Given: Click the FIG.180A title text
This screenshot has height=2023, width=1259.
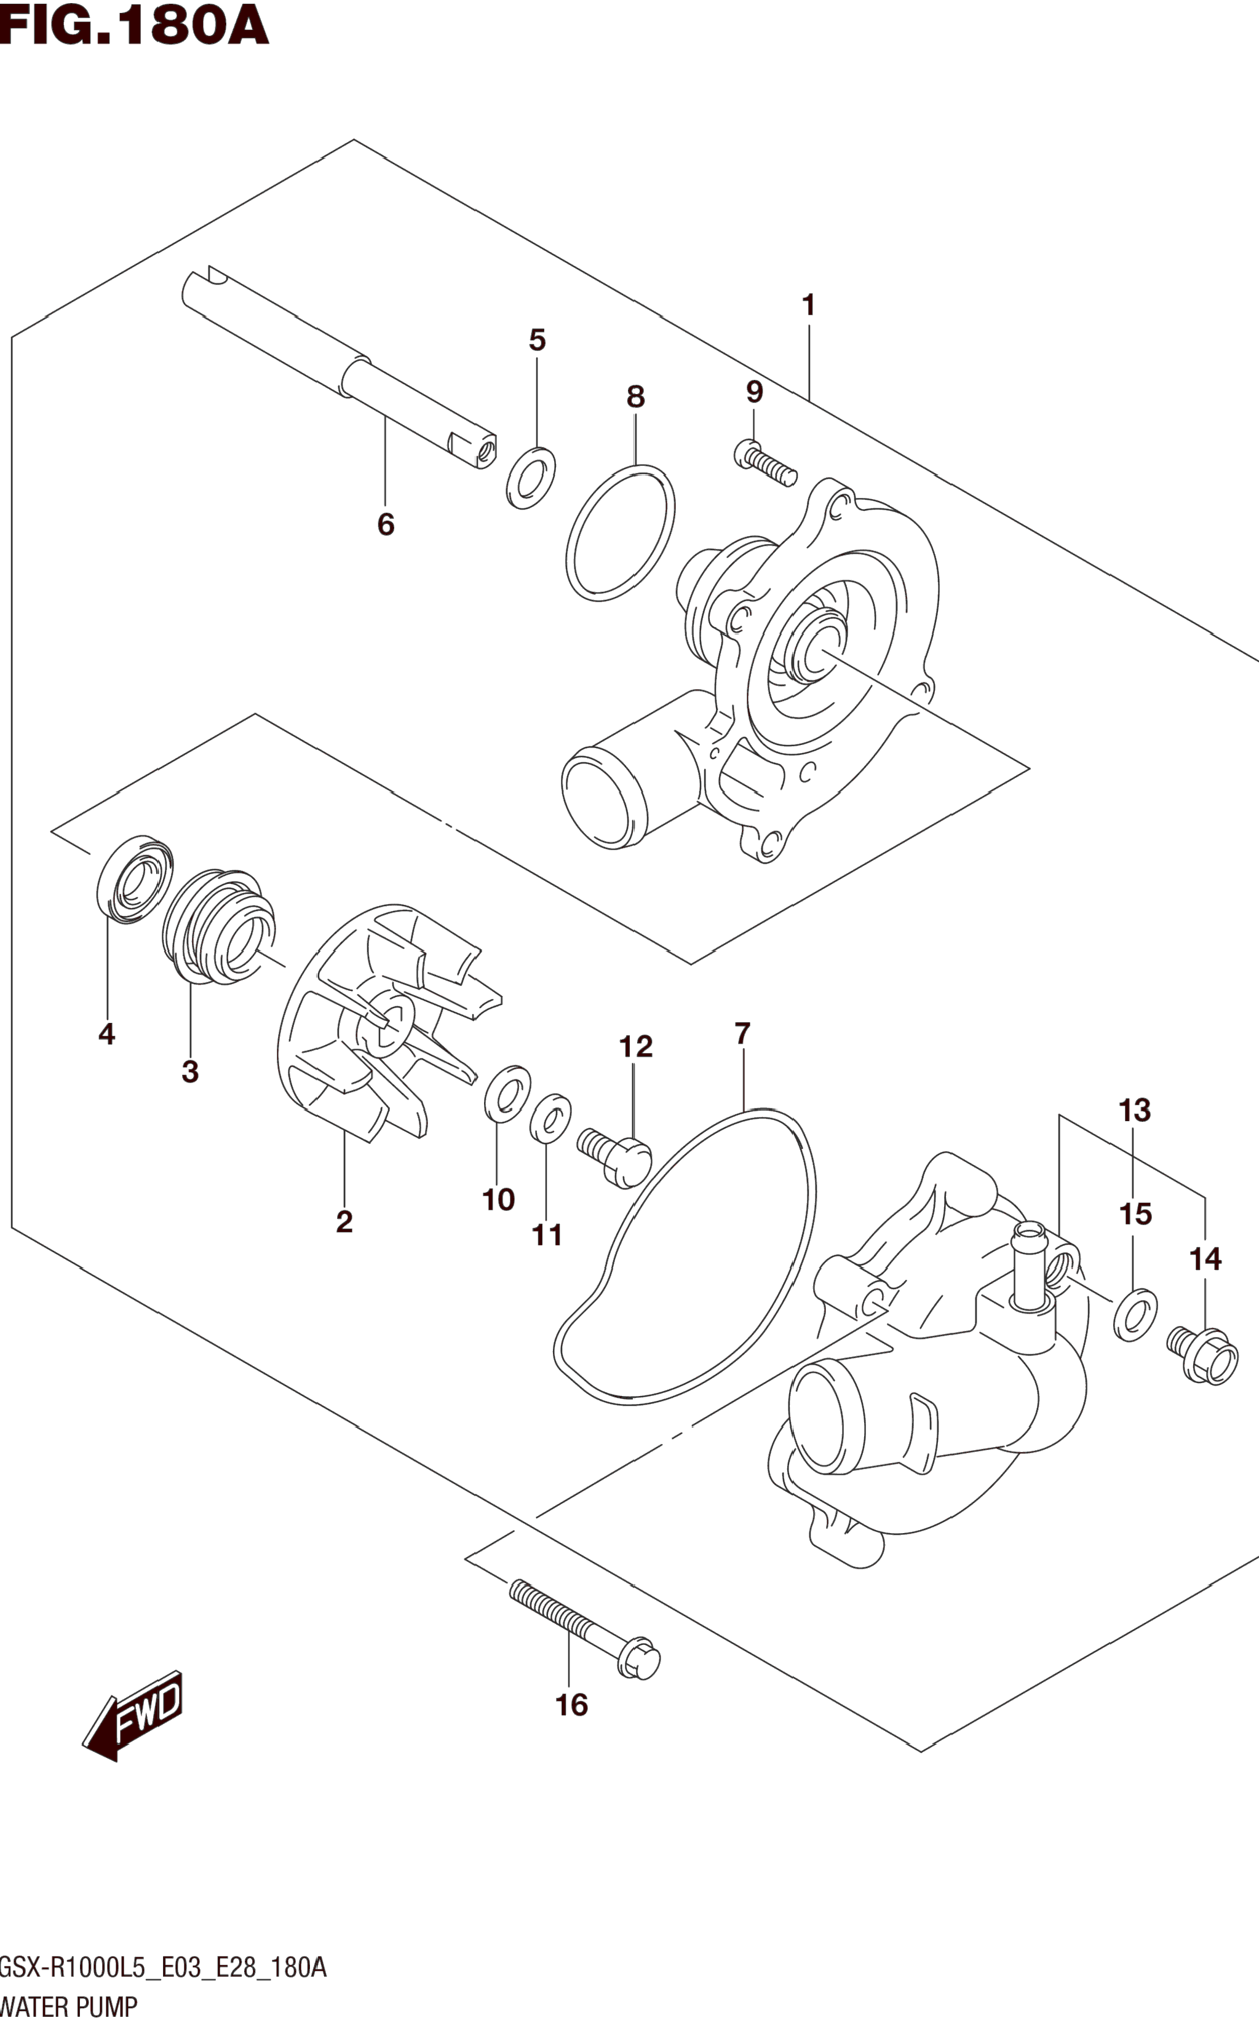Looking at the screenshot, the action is [x=134, y=26].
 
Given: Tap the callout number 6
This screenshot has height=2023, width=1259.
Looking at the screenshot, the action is [x=386, y=524].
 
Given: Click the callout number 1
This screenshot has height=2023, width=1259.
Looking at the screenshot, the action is [x=808, y=306].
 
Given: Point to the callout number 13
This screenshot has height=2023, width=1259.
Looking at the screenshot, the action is [x=1135, y=1110].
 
